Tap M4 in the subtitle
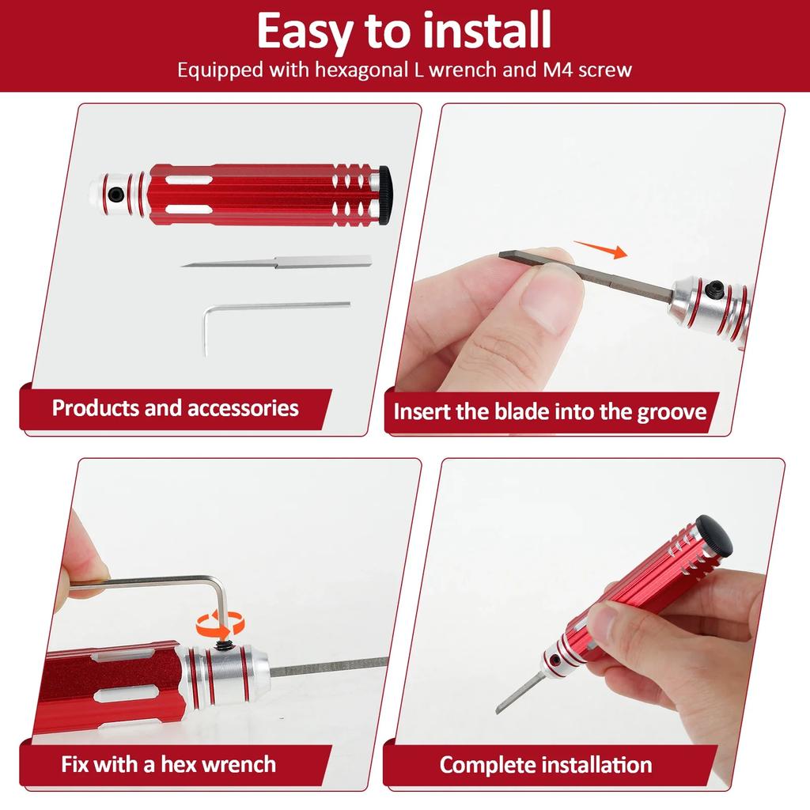pos(558,70)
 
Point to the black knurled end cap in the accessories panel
pos(385,195)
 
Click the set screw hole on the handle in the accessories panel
pos(116,195)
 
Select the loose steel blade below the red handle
pos(276,261)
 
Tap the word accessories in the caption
pos(243,408)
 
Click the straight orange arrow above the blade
pos(600,249)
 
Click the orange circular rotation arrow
pos(219,623)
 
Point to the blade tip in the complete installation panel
pos(498,710)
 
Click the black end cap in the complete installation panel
pos(714,535)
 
